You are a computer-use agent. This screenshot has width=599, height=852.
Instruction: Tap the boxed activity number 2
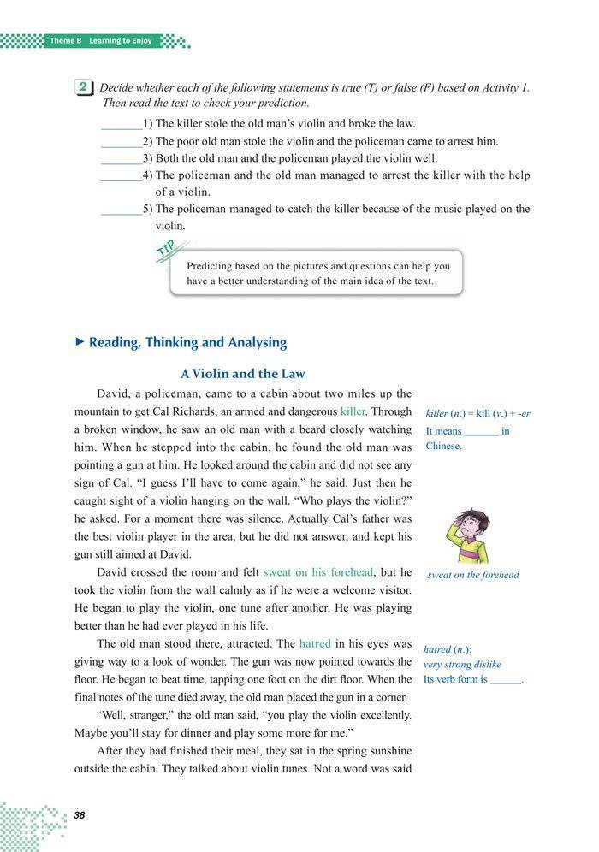click(85, 87)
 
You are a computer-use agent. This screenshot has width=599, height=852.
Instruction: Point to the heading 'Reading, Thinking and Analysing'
click(187, 342)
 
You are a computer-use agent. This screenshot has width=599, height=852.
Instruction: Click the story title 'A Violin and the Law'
click(243, 374)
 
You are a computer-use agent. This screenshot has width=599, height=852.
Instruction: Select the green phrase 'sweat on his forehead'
click(318, 571)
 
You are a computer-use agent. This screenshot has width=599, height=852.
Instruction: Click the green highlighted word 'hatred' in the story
click(321, 643)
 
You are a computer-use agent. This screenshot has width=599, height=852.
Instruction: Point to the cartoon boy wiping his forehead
click(467, 535)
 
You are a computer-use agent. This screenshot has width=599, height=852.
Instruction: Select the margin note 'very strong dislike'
click(463, 665)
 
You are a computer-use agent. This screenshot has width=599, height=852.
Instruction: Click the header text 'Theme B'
click(65, 41)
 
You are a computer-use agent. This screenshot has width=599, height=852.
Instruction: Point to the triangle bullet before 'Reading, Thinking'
click(80, 342)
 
